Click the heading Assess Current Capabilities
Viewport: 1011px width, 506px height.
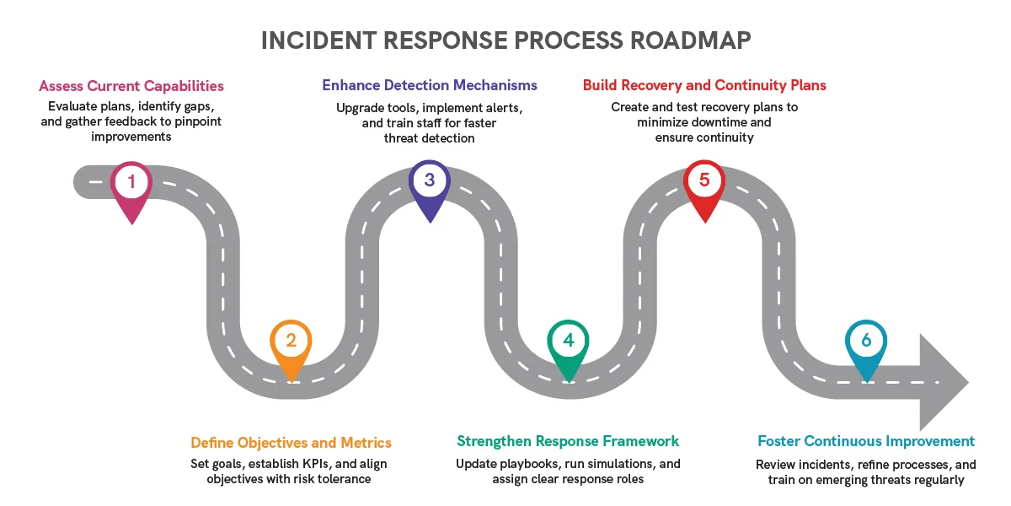click(x=131, y=86)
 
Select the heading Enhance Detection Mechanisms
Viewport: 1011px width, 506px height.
click(x=430, y=85)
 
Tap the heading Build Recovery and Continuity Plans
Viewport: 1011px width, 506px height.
click(x=704, y=85)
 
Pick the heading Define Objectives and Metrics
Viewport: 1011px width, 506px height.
click(x=292, y=442)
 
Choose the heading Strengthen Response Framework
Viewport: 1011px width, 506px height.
click(x=568, y=441)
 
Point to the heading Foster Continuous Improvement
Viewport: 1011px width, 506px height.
click(x=866, y=441)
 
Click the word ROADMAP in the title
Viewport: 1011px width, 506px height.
click(x=691, y=40)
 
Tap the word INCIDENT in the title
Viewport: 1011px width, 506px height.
click(x=318, y=40)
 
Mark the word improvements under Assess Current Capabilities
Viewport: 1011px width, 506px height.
click(x=131, y=137)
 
